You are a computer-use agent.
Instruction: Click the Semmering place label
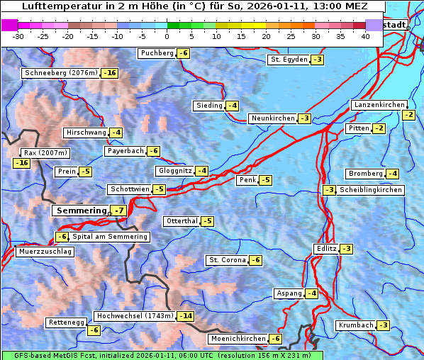(x=81, y=210)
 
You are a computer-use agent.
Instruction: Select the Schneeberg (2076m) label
(x=60, y=73)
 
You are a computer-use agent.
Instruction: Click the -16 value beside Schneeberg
(x=110, y=73)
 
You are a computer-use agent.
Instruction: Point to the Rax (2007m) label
(x=45, y=152)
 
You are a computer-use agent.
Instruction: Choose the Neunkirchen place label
(x=272, y=118)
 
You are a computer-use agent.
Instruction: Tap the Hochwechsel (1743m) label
(x=134, y=315)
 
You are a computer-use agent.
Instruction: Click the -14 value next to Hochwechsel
(x=185, y=315)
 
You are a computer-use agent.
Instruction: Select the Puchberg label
(x=157, y=53)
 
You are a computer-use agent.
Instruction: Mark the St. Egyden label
(x=289, y=60)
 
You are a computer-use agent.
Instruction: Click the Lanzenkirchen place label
(x=379, y=105)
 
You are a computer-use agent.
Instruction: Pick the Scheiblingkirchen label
(x=370, y=190)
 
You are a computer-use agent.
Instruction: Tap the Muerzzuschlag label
(x=45, y=252)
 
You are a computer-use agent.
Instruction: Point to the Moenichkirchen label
(x=238, y=339)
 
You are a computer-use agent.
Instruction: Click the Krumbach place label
(x=355, y=325)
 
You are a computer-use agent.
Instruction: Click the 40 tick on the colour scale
(x=365, y=36)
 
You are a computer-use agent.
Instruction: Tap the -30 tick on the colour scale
(x=18, y=36)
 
